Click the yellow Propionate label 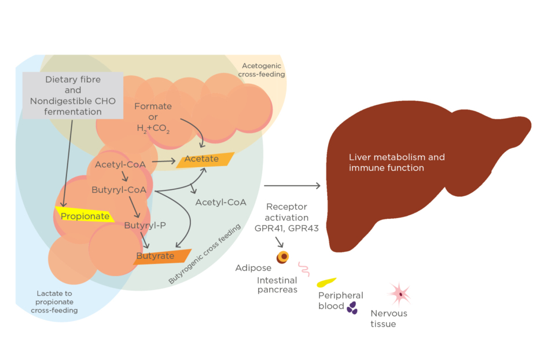click(x=84, y=216)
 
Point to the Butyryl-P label click(x=145, y=225)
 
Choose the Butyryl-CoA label click(x=119, y=189)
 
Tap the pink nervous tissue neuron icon click(x=399, y=295)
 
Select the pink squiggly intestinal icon click(x=304, y=269)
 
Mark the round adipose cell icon click(x=282, y=257)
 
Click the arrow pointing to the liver click(x=292, y=186)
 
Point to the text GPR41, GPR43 click(x=287, y=228)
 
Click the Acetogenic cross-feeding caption click(x=263, y=70)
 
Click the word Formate click(x=153, y=106)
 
